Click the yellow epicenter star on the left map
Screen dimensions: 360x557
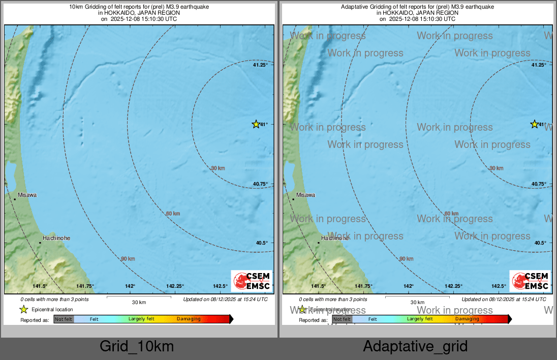coord(256,124)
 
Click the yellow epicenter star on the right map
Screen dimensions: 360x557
coord(534,124)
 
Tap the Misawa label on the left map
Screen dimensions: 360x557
coord(27,195)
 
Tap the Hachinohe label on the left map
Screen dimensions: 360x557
coord(56,238)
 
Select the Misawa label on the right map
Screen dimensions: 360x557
coord(305,195)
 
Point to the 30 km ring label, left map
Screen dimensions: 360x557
coord(218,168)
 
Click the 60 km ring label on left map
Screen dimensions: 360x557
coord(173,214)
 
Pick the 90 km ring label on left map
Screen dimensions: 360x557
coord(128,259)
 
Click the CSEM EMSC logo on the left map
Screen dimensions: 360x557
coord(252,281)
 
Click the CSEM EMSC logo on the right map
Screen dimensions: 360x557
coord(530,281)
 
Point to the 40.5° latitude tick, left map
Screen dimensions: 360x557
coord(262,243)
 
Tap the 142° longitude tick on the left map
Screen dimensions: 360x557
coord(131,286)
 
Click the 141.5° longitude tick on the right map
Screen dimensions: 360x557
coord(318,286)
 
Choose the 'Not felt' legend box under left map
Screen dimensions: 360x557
coord(64,319)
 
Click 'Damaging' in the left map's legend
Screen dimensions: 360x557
coord(189,319)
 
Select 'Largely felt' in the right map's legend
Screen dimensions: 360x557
coord(420,319)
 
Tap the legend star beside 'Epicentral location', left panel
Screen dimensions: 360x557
coord(23,309)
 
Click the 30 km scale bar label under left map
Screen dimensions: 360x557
coord(139,303)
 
